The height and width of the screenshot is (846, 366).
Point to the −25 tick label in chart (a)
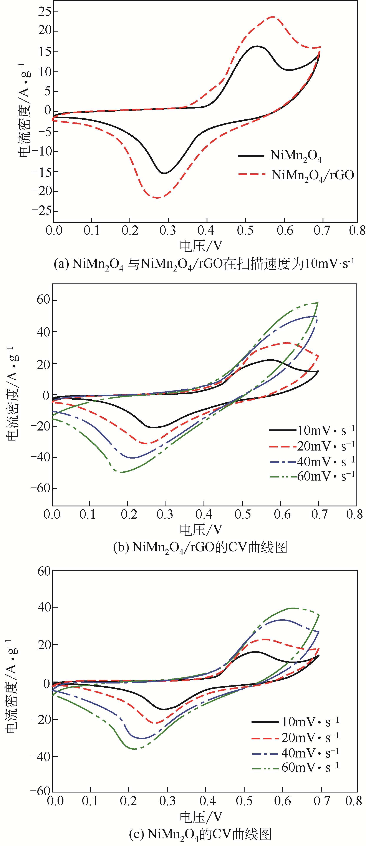point(42,211)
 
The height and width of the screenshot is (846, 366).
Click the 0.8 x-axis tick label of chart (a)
point(357,231)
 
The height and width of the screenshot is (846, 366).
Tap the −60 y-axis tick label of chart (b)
point(40,488)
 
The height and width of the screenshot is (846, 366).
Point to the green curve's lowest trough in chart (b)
point(121,472)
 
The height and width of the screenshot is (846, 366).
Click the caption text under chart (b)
point(200,548)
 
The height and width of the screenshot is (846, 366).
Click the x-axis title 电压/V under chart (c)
point(201,817)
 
